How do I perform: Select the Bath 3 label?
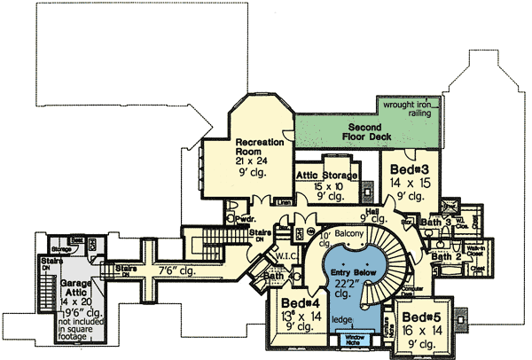(436, 222)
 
